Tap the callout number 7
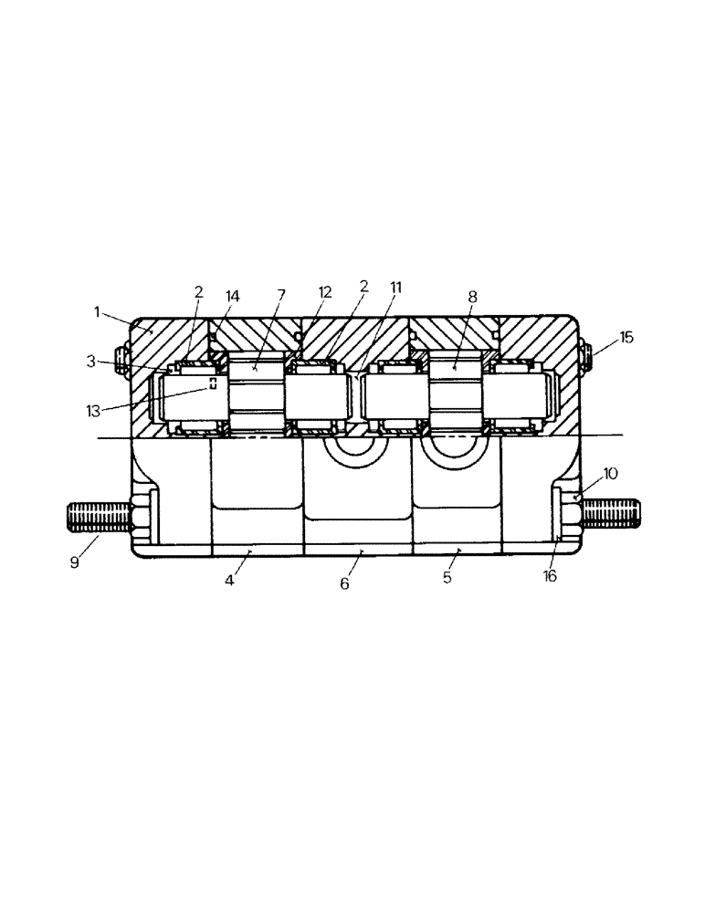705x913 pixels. pyautogui.click(x=281, y=294)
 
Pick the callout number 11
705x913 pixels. pyautogui.click(x=395, y=287)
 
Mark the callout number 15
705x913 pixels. pyautogui.click(x=626, y=337)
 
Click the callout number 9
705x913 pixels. pyautogui.click(x=75, y=563)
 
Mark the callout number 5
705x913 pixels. pyautogui.click(x=447, y=578)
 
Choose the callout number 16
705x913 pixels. pyautogui.click(x=550, y=577)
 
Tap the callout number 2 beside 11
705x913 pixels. pyautogui.click(x=363, y=287)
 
